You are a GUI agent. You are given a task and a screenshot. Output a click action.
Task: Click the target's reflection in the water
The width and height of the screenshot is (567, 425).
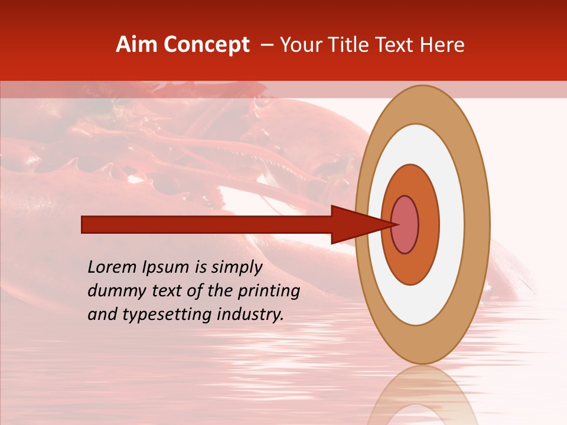coord(422,398)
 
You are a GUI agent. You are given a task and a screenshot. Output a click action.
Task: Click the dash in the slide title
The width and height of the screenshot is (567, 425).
coord(267,45)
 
